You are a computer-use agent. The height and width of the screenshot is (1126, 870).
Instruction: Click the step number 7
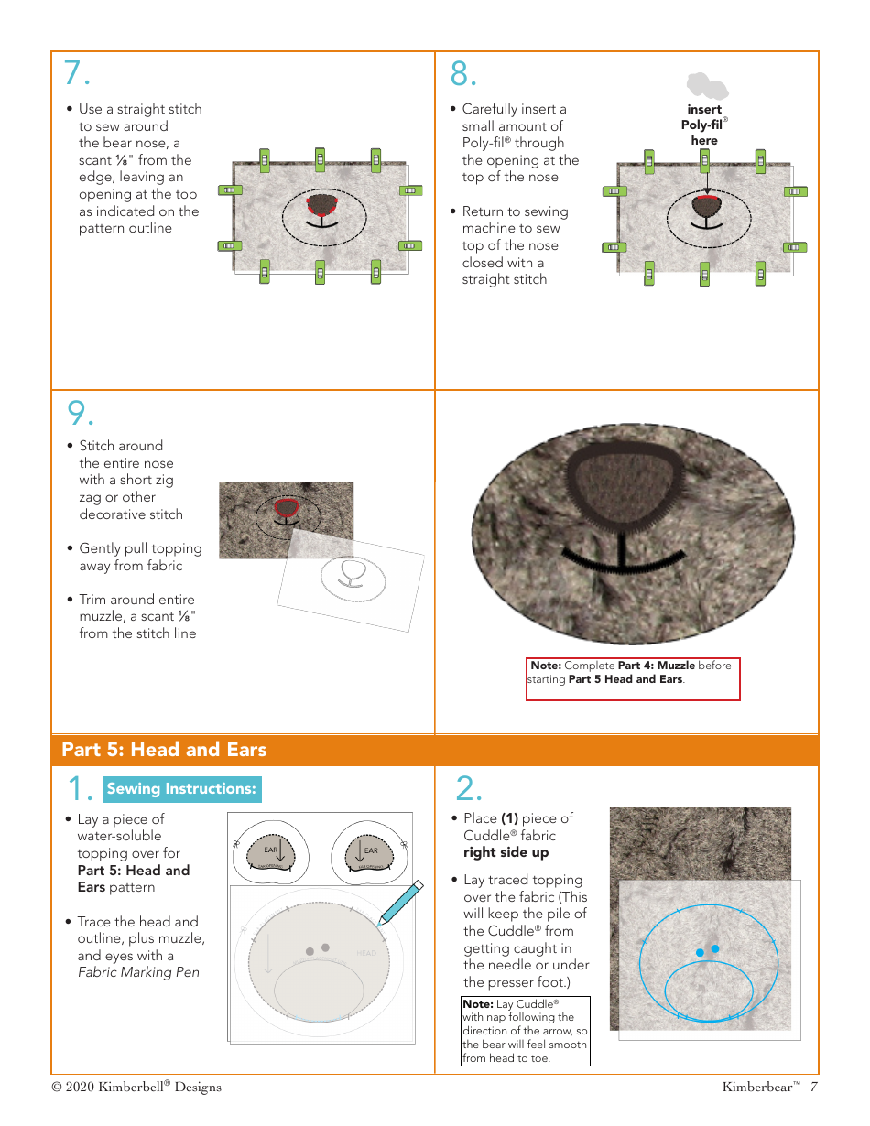pos(76,73)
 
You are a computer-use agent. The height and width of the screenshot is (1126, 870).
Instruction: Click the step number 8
pos(464,73)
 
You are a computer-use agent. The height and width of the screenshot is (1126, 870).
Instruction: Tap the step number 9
pos(80,414)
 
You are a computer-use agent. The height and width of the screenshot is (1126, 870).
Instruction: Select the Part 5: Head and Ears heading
pos(164,750)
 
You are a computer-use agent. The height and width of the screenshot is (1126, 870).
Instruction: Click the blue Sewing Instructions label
pos(181,789)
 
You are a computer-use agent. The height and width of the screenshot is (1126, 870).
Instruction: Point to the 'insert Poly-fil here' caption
pos(704,125)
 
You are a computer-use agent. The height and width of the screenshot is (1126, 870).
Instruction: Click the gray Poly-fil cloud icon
pos(707,86)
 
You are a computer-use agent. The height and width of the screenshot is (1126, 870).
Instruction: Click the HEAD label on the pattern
pos(366,953)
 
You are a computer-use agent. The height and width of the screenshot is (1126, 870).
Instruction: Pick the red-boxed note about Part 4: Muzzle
pos(633,678)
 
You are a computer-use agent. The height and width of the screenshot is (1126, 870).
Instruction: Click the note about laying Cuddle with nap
pos(526,1031)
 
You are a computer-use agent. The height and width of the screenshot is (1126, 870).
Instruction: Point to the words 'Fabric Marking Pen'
pos(138,972)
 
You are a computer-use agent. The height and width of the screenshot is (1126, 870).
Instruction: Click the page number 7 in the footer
pos(813,1087)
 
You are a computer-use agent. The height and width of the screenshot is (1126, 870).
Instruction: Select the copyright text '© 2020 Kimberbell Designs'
pos(136,1087)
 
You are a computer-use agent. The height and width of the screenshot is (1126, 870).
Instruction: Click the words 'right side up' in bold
pos(506,852)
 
